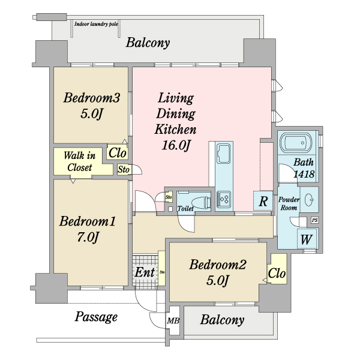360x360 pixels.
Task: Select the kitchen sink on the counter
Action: tap(223, 154)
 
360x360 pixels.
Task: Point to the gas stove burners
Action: tap(224, 199)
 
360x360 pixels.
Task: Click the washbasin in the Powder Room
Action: tap(309, 200)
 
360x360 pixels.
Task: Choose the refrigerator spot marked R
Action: tap(263, 200)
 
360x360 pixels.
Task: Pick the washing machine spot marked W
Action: tap(307, 239)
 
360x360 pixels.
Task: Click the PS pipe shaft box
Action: tap(315, 220)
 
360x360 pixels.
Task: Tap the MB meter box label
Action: tap(173, 320)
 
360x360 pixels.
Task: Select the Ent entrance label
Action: tap(145, 272)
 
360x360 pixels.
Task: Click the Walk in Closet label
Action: tap(79, 161)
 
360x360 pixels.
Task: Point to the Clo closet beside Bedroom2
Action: tap(277, 273)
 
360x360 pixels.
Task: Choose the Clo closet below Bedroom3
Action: tap(118, 152)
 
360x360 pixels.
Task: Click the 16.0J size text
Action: tap(176, 145)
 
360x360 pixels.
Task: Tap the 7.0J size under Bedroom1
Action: tap(88, 237)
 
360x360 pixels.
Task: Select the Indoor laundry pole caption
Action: tap(96, 24)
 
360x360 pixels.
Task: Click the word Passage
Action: tap(96, 317)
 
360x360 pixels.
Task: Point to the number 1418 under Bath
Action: tap(304, 174)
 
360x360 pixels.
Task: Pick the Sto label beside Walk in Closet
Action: tap(124, 170)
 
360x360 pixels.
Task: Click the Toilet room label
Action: tap(185, 208)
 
